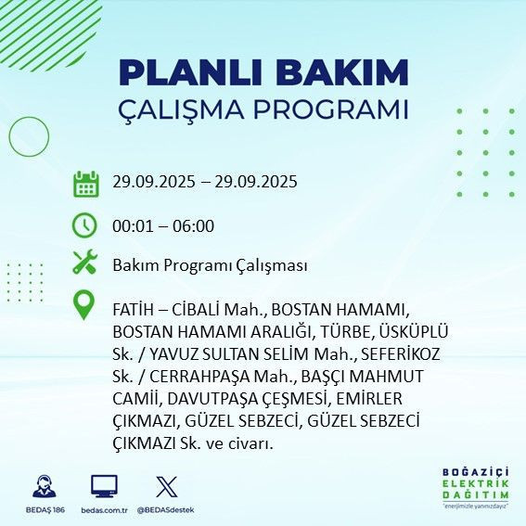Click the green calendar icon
click(85, 183)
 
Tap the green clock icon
click(85, 225)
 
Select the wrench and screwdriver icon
click(85, 263)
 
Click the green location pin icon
click(85, 305)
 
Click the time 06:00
click(193, 225)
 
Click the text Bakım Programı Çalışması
click(210, 265)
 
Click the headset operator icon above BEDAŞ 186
click(44, 486)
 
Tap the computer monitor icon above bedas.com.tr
click(104, 486)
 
